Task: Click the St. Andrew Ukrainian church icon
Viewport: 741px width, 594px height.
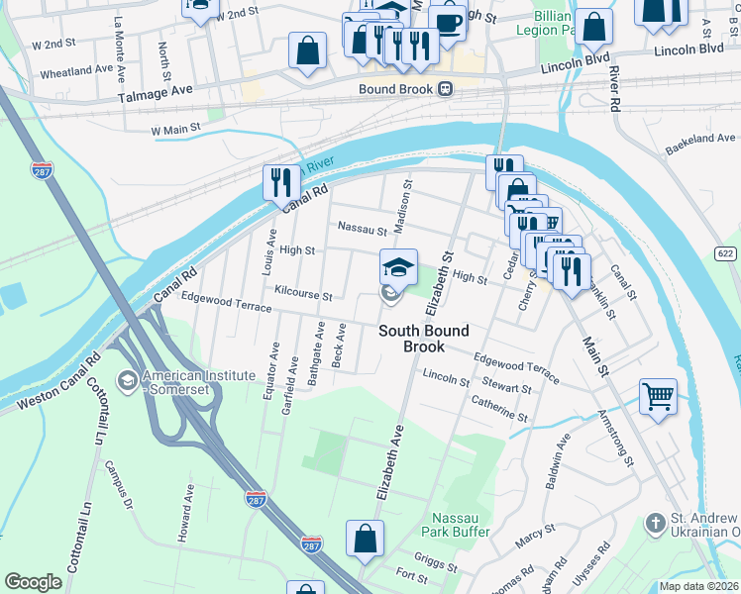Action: point(654,522)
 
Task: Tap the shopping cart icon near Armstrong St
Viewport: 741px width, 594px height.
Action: point(658,397)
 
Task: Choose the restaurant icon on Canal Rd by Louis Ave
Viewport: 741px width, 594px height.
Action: point(281,182)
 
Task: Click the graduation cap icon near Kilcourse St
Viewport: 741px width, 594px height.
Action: point(398,266)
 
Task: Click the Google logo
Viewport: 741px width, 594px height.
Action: point(33,582)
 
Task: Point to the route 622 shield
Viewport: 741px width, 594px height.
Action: point(725,252)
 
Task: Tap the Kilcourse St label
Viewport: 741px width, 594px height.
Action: point(303,295)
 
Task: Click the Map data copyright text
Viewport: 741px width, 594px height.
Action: point(699,586)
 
